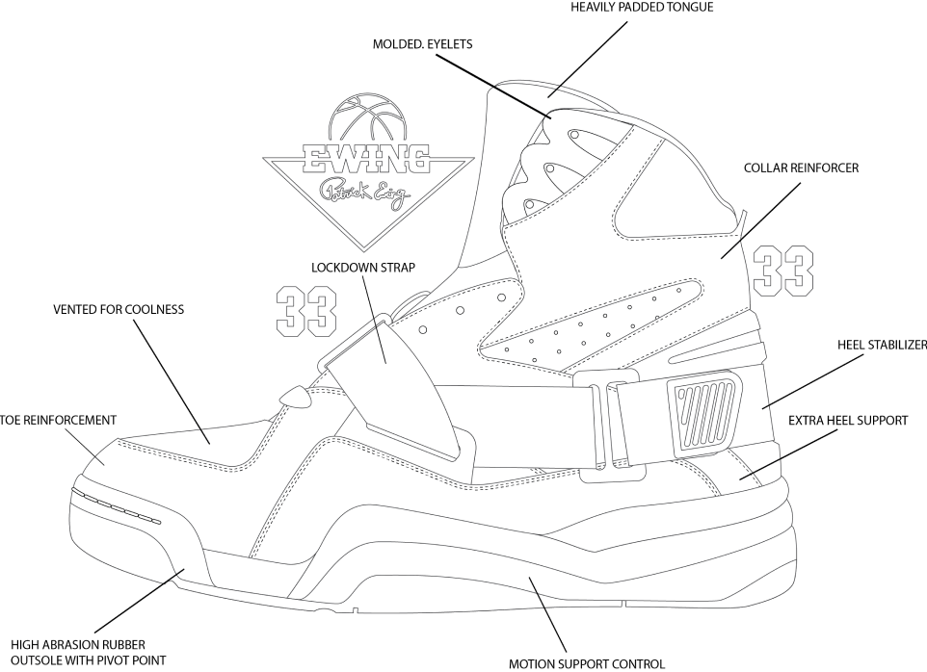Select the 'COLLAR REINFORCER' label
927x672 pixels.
(800, 168)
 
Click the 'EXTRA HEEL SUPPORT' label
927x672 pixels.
(848, 421)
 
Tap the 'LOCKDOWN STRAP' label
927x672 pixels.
(362, 267)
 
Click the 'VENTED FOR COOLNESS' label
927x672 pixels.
(119, 310)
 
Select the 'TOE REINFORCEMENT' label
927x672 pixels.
(59, 421)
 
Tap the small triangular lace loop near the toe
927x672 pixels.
(296, 397)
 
